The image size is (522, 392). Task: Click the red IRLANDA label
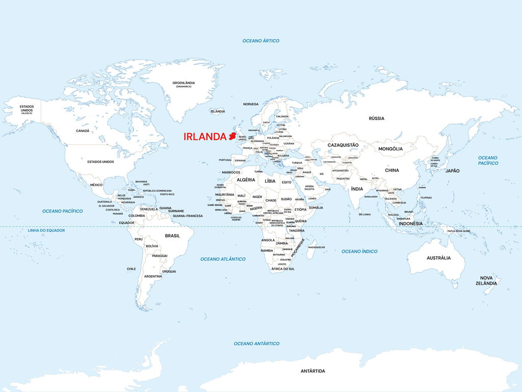204,137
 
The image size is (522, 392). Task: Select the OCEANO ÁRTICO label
260,41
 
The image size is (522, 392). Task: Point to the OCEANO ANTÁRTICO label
256,344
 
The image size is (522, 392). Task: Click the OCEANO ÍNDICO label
359,251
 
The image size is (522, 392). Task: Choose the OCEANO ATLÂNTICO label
223,259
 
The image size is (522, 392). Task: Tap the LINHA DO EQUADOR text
46,230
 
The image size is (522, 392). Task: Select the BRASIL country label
172,236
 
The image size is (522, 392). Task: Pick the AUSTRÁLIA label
438,258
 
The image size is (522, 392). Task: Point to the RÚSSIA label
376,118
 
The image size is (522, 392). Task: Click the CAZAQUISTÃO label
343,145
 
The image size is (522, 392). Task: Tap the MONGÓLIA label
390,149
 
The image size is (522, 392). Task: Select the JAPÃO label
452,170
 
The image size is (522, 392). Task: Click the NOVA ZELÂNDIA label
487,280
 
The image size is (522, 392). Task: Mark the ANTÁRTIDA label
312,371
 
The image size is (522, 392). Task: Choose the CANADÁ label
83,131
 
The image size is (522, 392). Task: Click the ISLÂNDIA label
218,111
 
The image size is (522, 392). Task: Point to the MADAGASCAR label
317,247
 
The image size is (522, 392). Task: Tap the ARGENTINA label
153,276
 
